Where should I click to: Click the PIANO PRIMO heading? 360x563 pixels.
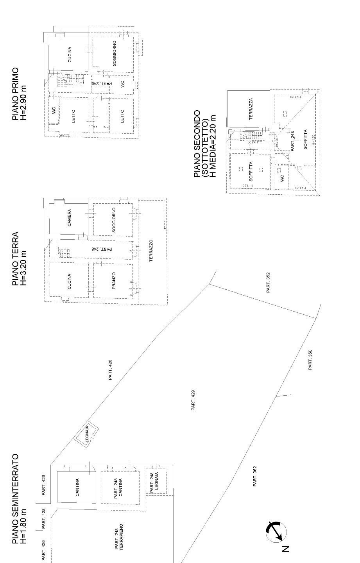[15, 94]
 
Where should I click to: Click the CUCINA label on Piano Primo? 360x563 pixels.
[70, 55]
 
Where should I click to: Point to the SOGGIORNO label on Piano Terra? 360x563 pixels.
[114, 220]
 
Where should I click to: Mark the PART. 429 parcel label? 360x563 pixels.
[193, 400]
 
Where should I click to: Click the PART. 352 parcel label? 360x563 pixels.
[268, 283]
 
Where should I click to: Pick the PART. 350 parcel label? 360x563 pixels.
[310, 360]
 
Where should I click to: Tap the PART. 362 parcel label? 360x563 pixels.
[254, 476]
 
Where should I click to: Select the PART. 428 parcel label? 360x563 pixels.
[44, 518]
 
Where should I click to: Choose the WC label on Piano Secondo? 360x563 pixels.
[282, 179]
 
